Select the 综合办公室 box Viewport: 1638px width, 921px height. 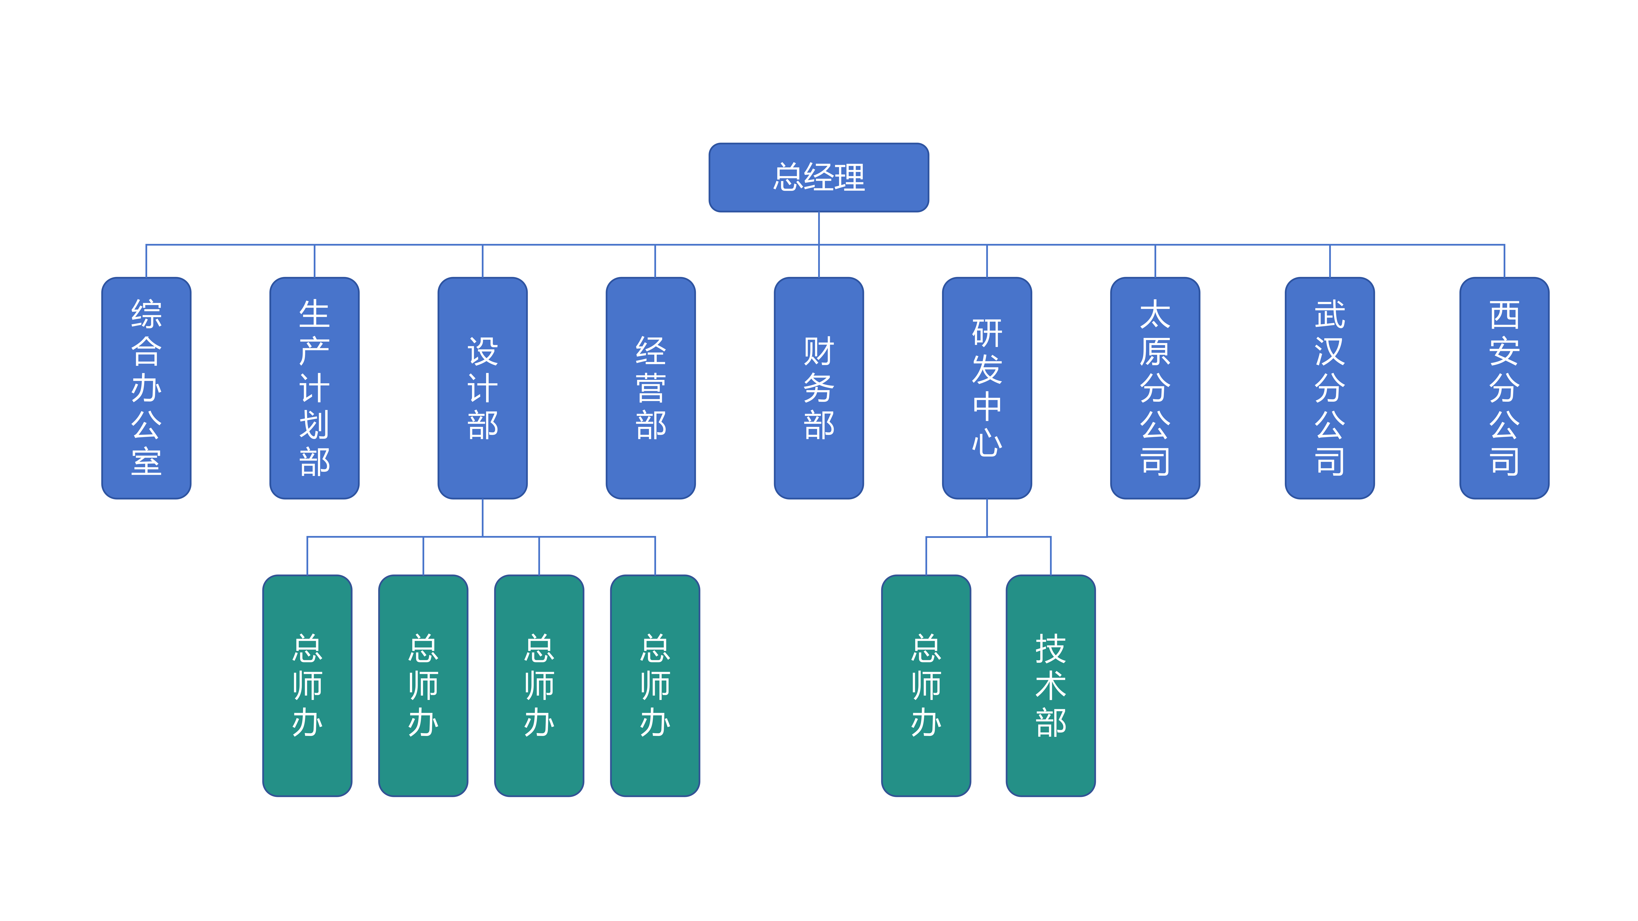coord(146,388)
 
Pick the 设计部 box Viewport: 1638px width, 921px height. coord(483,388)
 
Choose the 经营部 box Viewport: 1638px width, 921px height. coord(651,388)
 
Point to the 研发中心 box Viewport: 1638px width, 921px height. coord(987,388)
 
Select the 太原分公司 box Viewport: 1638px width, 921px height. coord(1155,388)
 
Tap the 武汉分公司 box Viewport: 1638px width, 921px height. coord(1330,388)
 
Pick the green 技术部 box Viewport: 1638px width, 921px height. coord(1050,685)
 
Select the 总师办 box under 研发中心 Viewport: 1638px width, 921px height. coord(926,685)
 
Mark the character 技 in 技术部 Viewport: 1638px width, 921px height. coord(1050,649)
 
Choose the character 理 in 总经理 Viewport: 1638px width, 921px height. coord(849,177)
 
